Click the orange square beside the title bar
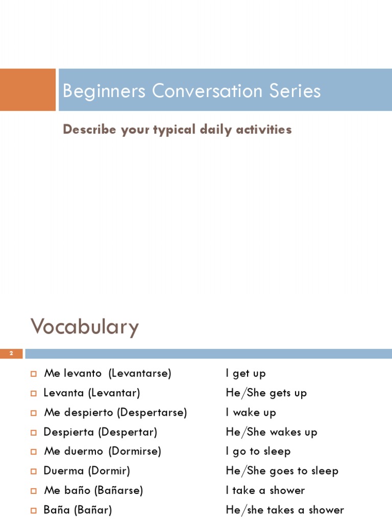pos(28,90)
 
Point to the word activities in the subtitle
pos(264,130)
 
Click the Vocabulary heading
pos(85,326)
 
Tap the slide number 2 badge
pos(11,353)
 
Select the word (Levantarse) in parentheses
pos(140,373)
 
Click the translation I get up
pos(246,373)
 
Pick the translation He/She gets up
pos(266,393)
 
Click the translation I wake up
pos(251,412)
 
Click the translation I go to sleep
pos(258,451)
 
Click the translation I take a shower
pos(265,490)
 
